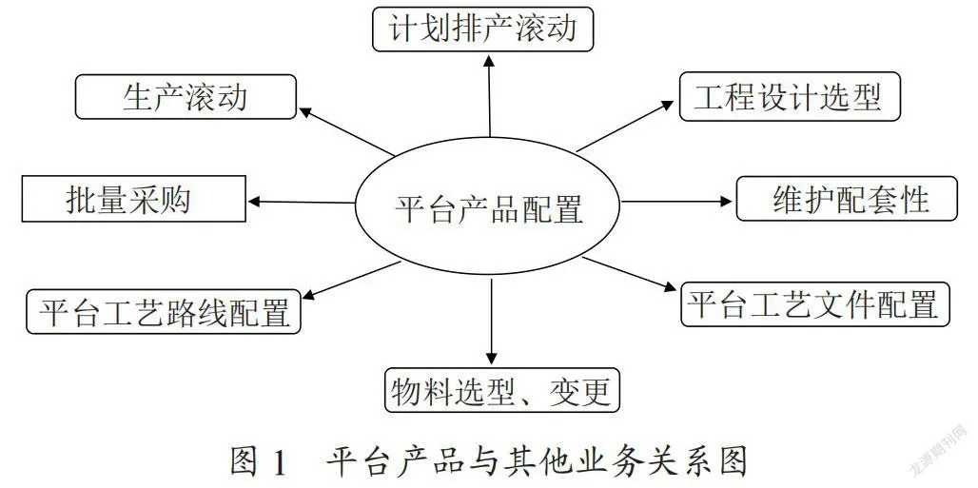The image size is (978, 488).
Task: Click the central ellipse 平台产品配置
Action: (x=488, y=206)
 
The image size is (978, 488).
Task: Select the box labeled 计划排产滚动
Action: (x=482, y=29)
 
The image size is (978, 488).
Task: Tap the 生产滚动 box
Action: (x=186, y=97)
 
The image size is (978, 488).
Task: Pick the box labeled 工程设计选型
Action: (x=790, y=97)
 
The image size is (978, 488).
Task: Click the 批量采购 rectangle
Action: (x=134, y=199)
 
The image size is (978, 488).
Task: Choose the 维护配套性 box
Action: (x=847, y=199)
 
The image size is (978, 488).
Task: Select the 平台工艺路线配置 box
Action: (x=164, y=311)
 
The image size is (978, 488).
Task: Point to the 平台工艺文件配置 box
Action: (x=814, y=303)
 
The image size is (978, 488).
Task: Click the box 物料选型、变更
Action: (x=501, y=390)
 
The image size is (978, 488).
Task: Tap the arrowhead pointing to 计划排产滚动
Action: (x=489, y=61)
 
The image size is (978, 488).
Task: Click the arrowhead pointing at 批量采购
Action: (x=255, y=201)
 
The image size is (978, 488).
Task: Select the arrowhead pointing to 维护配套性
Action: (x=726, y=201)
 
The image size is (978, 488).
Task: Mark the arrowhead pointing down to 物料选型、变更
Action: (x=492, y=359)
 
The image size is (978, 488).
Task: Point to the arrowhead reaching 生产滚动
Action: (x=305, y=112)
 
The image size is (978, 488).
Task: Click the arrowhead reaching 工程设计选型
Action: (x=667, y=106)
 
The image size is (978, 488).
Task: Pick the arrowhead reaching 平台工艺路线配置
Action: (x=309, y=294)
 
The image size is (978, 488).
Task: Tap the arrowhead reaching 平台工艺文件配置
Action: (x=669, y=287)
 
